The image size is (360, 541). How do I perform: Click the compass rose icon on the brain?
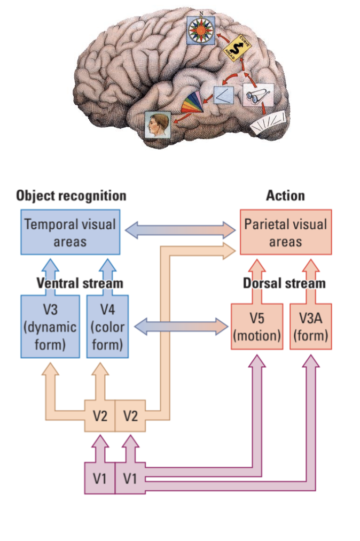[201, 30]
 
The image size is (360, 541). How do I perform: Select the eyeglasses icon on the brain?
[258, 97]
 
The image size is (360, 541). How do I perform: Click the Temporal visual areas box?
[71, 232]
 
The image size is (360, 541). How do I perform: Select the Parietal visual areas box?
[285, 232]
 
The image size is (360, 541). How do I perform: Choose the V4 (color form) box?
[107, 326]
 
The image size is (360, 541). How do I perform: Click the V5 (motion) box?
[257, 326]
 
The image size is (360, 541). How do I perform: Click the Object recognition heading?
[71, 196]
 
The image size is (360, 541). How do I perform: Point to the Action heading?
[285, 196]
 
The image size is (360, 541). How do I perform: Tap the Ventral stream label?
[80, 283]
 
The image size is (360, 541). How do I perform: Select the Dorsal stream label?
[284, 283]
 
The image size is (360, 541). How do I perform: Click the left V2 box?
[99, 415]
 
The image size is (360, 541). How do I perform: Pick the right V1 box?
[130, 478]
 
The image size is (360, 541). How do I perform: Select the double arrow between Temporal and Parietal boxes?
[181, 230]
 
